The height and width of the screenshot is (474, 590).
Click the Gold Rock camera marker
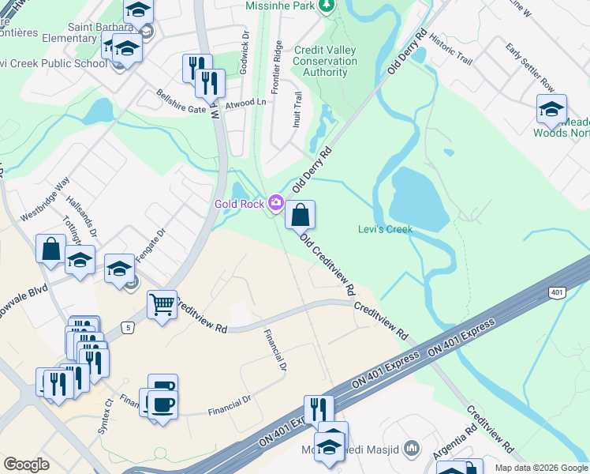click(x=275, y=204)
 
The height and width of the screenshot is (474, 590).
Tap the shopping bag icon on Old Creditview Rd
click(x=300, y=214)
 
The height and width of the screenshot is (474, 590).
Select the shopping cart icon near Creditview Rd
click(x=162, y=303)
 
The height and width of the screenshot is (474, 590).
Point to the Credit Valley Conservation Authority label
click(x=325, y=61)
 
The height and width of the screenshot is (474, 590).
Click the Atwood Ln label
click(x=246, y=103)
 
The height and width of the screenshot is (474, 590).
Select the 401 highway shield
click(x=558, y=293)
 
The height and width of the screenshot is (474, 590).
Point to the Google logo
click(x=26, y=465)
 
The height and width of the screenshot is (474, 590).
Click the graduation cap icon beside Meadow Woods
click(x=551, y=108)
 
